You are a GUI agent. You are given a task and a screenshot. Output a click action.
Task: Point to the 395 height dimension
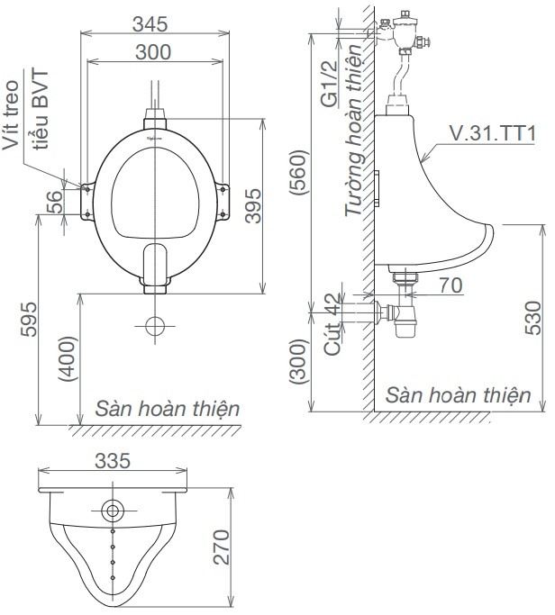point(254,206)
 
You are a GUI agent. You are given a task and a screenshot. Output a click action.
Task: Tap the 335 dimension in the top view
point(114,461)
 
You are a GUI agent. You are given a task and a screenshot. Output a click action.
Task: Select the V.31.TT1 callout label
point(492,134)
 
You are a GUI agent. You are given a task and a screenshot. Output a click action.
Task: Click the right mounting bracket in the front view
point(223,199)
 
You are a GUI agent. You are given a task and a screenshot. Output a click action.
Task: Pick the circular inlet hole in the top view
point(113,511)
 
